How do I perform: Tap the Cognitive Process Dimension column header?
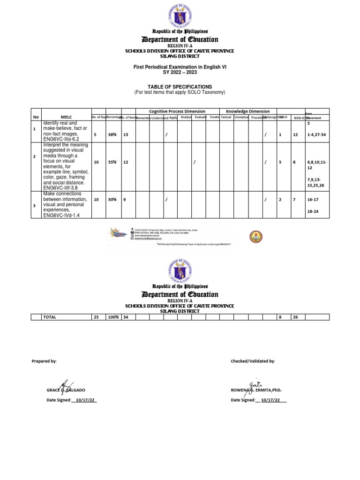[x=177, y=112]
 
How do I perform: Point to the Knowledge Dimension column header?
[x=248, y=112]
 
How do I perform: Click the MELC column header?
[x=66, y=117]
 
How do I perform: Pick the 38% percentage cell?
[x=112, y=135]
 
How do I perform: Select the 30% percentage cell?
[x=112, y=199]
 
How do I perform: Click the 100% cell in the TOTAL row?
[x=112, y=317]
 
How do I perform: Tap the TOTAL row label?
[x=50, y=317]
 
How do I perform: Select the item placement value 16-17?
[x=313, y=199]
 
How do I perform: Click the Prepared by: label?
[x=44, y=361]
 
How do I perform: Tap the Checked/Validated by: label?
[x=253, y=361]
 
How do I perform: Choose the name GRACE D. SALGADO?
[x=66, y=390]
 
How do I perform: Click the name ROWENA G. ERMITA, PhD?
[x=256, y=390]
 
